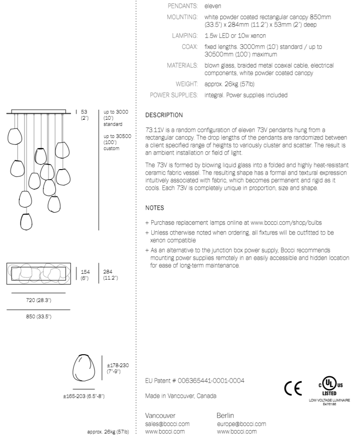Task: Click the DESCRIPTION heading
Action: pos(164,115)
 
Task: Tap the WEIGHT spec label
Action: pos(187,84)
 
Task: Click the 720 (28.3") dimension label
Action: pos(38,300)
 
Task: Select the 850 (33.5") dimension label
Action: pos(38,316)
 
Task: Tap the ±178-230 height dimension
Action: pos(118,368)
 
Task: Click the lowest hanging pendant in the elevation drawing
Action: pos(27,221)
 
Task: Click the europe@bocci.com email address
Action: pos(241,424)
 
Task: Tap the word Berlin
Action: pos(225,416)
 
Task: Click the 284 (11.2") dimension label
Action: pos(111,274)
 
